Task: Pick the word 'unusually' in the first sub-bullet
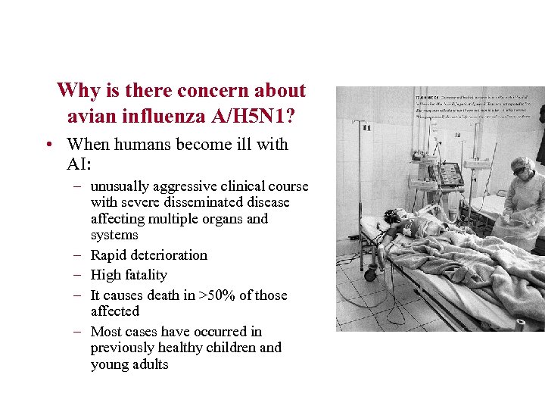click(120, 186)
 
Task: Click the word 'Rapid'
click(110, 255)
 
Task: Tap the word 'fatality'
click(145, 275)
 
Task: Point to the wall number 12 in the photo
click(458, 135)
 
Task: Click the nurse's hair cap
click(522, 161)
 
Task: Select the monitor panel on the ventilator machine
click(452, 175)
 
